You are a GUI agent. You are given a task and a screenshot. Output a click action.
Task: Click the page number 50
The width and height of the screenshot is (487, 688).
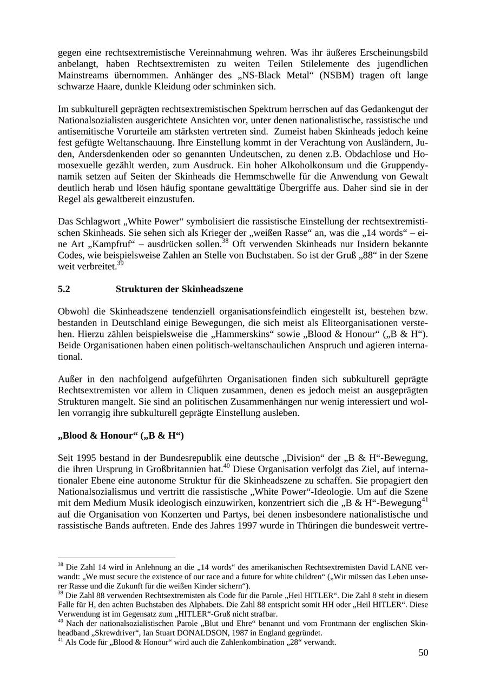pos(423,653)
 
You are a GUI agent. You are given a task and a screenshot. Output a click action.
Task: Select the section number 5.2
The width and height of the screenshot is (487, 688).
pos(64,289)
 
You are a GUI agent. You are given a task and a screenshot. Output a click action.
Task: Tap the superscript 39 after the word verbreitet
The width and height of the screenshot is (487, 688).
pos(120,262)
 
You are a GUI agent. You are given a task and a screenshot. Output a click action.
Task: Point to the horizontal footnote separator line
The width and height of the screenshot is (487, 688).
pos(116,557)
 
